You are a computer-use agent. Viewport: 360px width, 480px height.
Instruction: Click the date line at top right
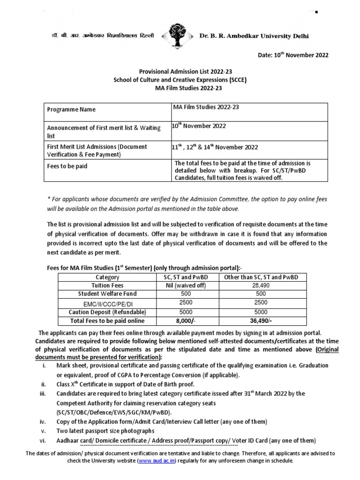click(293, 55)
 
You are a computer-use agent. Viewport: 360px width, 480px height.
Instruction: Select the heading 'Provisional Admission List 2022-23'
click(180, 72)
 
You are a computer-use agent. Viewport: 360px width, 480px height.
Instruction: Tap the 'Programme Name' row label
click(71, 109)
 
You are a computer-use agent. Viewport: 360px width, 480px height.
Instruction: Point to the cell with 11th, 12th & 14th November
click(216, 147)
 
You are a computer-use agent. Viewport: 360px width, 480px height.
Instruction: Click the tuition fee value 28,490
click(262, 285)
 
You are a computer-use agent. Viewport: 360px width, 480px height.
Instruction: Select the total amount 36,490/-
click(262, 321)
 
